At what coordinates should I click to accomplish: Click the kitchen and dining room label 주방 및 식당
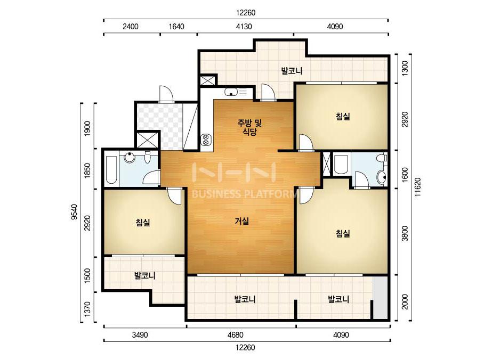(x=249, y=127)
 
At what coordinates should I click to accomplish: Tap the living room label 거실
(x=241, y=221)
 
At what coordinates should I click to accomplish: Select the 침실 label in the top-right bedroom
(x=343, y=116)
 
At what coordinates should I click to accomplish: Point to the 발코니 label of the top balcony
(x=292, y=70)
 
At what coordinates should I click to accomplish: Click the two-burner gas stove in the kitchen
(x=206, y=140)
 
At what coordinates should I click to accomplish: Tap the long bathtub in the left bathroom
(x=111, y=169)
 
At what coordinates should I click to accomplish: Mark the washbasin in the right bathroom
(x=382, y=177)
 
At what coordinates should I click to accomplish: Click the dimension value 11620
(x=417, y=187)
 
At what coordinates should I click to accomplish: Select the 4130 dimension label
(x=244, y=26)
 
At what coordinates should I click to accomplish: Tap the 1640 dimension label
(x=176, y=26)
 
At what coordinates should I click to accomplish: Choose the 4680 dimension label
(x=235, y=335)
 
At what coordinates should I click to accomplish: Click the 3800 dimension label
(x=405, y=233)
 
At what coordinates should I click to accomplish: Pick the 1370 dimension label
(x=87, y=308)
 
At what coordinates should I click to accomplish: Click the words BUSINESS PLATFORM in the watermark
(x=244, y=194)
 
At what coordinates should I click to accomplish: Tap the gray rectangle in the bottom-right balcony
(x=380, y=298)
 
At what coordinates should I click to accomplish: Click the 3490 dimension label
(x=140, y=335)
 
